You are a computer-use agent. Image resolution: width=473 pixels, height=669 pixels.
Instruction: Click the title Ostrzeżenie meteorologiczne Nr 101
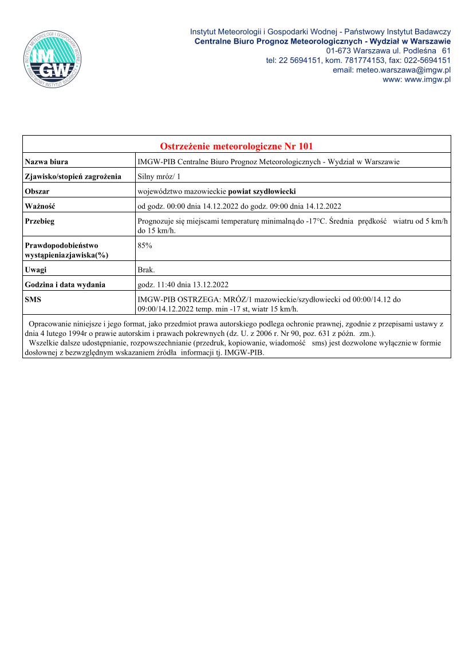point(236,146)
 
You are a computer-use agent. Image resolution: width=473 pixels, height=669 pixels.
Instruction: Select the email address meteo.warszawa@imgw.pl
point(392,70)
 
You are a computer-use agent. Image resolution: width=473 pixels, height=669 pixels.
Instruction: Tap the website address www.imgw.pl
point(427,80)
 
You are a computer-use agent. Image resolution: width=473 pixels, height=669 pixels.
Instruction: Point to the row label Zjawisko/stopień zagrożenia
point(73,176)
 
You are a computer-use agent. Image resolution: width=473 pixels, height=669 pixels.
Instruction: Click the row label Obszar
point(37,191)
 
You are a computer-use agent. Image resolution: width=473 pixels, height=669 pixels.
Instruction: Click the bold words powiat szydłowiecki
point(262,191)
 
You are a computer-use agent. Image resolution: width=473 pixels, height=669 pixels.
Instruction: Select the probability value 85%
point(145,245)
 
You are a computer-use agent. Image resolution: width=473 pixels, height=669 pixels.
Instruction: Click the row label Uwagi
point(36,270)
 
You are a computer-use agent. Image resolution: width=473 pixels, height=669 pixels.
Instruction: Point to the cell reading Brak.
point(146,270)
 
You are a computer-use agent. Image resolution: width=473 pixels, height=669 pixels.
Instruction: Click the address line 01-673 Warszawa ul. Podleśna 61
point(388,51)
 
